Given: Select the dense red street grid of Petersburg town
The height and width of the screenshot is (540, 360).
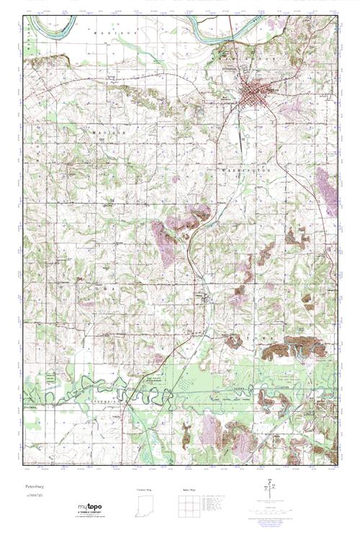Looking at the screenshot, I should tap(253, 93).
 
